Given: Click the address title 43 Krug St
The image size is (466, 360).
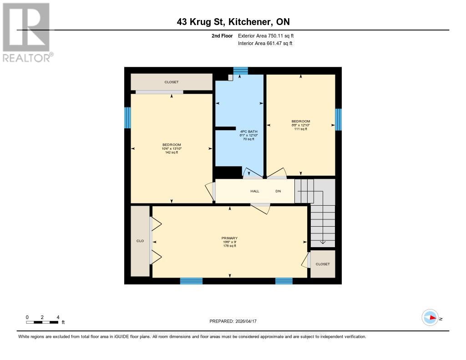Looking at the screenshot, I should click(233, 22).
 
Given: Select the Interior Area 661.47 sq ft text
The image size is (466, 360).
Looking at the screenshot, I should click(265, 43).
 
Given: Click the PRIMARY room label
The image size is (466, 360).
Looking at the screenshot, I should click(229, 242).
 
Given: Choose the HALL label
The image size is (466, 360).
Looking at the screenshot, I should click(255, 191).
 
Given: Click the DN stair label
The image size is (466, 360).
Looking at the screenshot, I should click(278, 191).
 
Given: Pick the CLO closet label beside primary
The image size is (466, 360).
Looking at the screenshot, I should click(140, 241).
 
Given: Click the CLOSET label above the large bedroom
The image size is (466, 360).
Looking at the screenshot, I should click(172, 82).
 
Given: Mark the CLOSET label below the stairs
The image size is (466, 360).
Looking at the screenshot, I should click(323, 264).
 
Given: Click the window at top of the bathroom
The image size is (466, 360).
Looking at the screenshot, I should click(241, 70).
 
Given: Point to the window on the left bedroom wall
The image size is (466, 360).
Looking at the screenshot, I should click(128, 117).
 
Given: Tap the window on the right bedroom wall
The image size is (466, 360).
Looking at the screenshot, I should click(338, 119).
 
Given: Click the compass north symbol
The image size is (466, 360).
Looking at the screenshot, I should click(430, 317).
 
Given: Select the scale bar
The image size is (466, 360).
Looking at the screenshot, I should click(42, 322).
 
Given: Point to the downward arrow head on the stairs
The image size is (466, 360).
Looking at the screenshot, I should click(323, 243).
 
